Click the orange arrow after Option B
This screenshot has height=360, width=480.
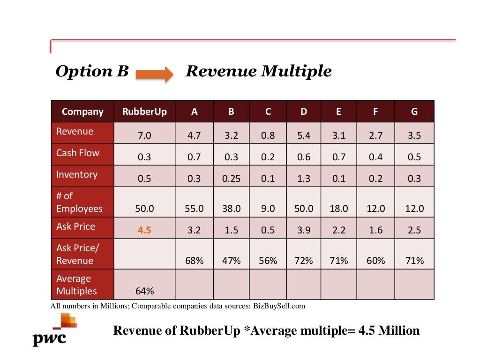154,74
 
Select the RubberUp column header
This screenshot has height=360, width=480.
144,112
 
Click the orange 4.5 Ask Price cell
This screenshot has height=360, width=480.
144,230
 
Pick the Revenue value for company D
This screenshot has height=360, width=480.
304,136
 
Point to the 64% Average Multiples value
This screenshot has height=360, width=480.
144,291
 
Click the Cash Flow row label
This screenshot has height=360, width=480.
78,153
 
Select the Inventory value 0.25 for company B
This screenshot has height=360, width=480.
231,179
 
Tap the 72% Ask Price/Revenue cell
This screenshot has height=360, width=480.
304,261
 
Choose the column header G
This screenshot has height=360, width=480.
414,112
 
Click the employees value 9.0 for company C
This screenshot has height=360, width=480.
268,209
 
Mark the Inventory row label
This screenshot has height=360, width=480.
77,174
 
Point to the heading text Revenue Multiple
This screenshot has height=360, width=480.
259,71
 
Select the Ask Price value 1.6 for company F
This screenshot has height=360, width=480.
375,230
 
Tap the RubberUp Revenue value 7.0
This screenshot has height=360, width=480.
144,136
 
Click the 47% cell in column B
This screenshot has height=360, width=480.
231,261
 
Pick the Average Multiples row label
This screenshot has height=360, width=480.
76,285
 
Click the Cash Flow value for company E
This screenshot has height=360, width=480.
339,157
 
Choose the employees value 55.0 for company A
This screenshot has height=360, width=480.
194,209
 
